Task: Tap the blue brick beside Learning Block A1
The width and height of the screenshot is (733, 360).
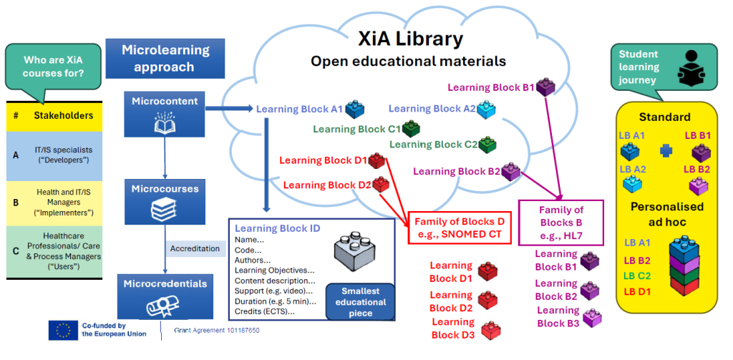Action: [x=355, y=110]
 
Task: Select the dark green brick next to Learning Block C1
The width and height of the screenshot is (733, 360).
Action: [x=411, y=130]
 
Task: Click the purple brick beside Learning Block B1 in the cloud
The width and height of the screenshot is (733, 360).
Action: [x=545, y=87]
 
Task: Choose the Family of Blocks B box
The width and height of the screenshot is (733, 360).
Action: [x=560, y=223]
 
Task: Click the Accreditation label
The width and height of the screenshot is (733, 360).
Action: [x=195, y=249]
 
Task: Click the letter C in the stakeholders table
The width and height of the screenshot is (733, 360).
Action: [x=16, y=250]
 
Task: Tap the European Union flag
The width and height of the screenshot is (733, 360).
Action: [x=63, y=331]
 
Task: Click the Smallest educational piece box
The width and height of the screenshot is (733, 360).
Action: [x=361, y=301]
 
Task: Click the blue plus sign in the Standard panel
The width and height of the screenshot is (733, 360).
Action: [x=666, y=151]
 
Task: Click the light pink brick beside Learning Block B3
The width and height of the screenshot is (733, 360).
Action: [x=592, y=317]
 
